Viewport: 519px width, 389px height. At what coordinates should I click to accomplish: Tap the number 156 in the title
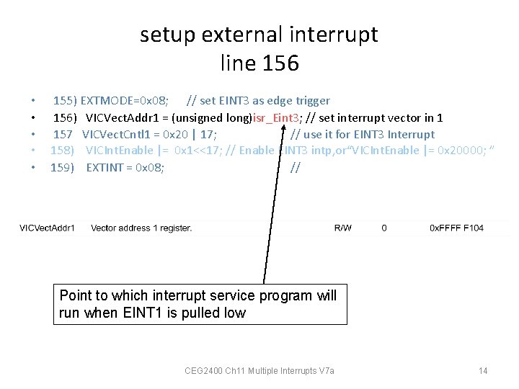281,63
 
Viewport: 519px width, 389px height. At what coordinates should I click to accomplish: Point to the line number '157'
63,134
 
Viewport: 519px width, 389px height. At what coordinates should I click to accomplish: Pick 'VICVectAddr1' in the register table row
47,228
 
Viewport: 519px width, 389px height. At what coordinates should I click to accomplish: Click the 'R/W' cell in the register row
343,228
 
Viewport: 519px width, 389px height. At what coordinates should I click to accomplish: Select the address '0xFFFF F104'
456,228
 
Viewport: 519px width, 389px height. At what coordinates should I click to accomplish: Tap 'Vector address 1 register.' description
141,228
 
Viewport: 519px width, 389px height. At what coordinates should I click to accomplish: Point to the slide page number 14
483,371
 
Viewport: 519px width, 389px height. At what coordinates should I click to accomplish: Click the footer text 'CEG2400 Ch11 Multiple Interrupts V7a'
259,371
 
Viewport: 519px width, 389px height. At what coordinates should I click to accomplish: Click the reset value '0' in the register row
384,228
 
